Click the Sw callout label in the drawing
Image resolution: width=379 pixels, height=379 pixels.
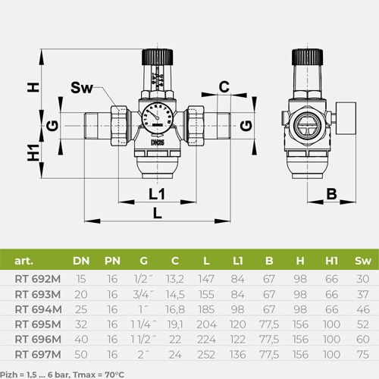(82, 88)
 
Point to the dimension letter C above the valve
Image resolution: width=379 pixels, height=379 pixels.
(224, 86)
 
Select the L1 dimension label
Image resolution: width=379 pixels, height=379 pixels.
(157, 194)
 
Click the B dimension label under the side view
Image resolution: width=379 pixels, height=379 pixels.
(331, 194)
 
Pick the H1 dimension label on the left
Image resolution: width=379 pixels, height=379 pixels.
(33, 152)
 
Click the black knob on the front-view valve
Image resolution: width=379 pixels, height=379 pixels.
(157, 57)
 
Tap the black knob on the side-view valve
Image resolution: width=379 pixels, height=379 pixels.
(307, 57)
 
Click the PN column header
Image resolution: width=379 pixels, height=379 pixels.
(112, 261)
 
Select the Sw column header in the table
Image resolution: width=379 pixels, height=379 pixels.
(363, 261)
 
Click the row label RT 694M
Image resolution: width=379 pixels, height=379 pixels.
(38, 309)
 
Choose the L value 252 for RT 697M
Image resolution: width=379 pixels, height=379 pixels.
(206, 355)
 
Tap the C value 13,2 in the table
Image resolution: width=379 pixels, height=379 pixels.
(175, 279)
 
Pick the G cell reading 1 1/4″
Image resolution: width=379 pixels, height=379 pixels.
(143, 324)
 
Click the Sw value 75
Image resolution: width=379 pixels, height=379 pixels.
(363, 355)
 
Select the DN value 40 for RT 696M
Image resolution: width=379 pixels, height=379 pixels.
(81, 340)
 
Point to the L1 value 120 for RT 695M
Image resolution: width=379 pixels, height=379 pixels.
(237, 324)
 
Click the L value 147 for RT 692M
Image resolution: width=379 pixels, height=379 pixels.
(206, 279)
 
